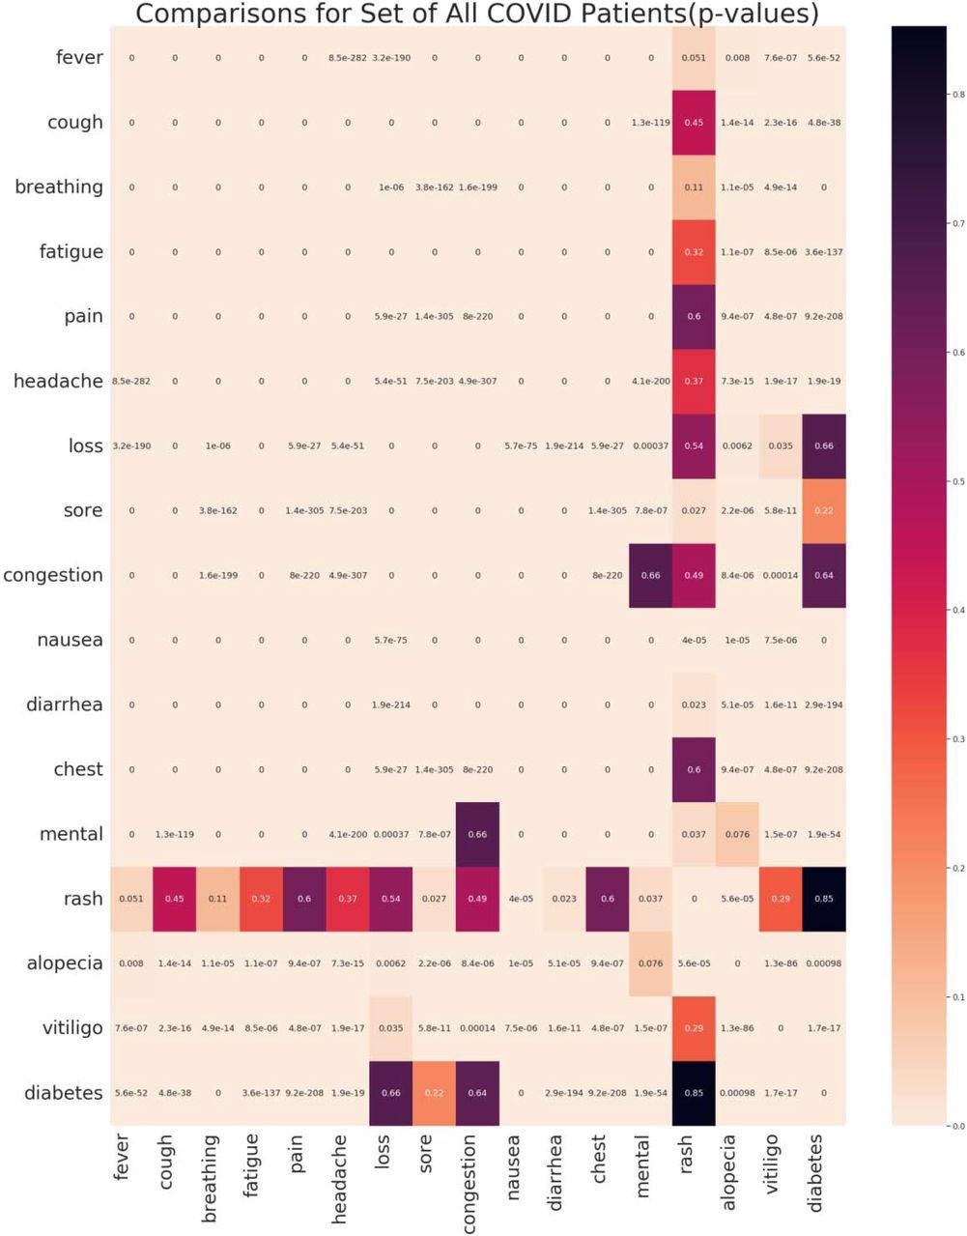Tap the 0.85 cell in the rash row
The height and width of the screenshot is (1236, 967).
point(823,899)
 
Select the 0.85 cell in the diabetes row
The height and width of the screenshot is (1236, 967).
point(694,1093)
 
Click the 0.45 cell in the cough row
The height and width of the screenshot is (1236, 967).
point(694,123)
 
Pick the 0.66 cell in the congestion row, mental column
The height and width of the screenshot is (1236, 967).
point(650,576)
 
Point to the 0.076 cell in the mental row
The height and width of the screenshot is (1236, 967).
point(737,834)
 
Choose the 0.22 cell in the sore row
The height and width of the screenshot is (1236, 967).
point(823,510)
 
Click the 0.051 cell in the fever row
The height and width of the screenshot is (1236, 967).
point(694,58)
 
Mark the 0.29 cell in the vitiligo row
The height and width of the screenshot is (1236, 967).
point(694,1028)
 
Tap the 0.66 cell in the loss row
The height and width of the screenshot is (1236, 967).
point(823,446)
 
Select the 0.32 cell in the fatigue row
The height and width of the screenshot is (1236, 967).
point(694,252)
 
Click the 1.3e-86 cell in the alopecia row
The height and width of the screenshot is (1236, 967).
point(781,963)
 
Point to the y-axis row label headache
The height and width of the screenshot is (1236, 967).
point(58,381)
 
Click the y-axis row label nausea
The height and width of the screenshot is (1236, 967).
point(70,640)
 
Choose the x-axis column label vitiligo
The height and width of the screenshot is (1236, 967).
point(772,1165)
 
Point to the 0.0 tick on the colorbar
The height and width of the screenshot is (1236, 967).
point(956,1126)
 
